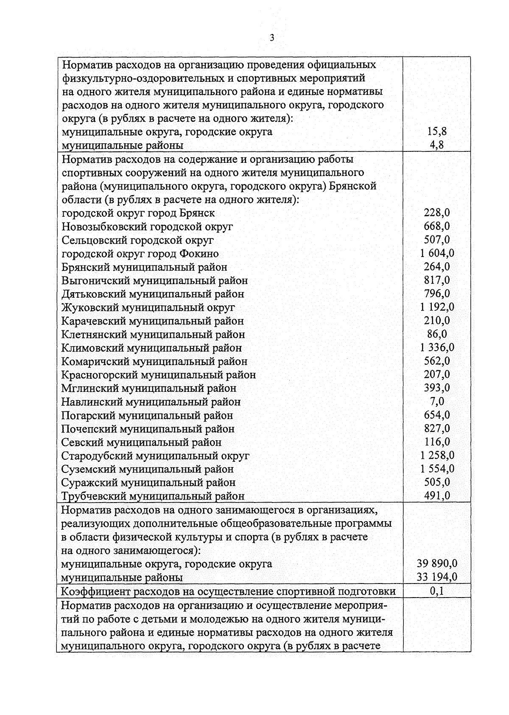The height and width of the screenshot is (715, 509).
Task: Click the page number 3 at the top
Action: tap(272, 38)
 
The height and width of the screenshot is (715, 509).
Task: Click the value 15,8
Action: tap(437, 131)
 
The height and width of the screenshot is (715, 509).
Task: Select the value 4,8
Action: tap(437, 145)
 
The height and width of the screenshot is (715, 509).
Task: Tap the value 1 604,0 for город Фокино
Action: tap(437, 253)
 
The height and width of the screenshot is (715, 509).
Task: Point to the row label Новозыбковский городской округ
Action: tap(147, 227)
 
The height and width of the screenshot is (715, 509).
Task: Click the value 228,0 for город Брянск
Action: tap(437, 213)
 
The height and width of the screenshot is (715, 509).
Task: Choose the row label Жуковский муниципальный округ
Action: tap(148, 307)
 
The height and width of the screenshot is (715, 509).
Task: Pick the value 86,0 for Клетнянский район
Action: tap(437, 334)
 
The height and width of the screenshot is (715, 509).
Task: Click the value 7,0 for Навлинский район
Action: tap(437, 401)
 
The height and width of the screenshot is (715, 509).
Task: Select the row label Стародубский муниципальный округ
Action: tap(155, 456)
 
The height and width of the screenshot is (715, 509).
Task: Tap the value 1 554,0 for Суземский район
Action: tap(437, 469)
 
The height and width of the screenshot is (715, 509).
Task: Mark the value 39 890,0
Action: tap(437, 564)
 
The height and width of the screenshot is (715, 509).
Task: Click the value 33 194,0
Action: tap(437, 577)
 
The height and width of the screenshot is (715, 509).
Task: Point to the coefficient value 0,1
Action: tap(437, 591)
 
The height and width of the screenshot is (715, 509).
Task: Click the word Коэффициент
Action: tap(97, 592)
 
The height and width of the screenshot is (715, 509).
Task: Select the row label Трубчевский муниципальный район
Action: tap(153, 496)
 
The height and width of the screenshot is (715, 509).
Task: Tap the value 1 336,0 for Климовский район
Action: tap(437, 348)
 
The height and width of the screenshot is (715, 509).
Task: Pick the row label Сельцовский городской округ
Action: tap(137, 240)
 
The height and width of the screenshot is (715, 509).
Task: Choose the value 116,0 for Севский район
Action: tap(437, 442)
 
